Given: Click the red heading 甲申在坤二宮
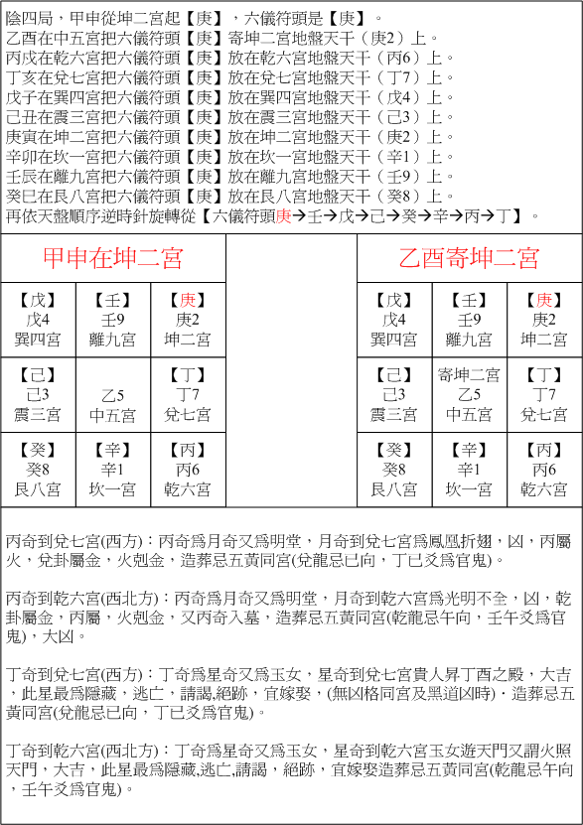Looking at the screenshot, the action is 112,259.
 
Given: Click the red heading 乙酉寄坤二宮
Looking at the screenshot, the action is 469,259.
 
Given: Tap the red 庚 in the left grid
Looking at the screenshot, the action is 188,300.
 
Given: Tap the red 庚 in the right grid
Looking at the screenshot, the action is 544,300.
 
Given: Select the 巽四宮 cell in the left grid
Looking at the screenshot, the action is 38,320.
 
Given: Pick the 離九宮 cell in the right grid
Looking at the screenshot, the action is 470,320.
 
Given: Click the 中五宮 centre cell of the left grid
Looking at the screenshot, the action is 113,394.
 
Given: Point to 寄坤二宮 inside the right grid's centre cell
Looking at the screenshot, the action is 470,374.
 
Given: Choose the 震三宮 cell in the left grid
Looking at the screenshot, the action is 38,394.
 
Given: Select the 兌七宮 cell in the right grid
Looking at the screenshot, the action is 544,394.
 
